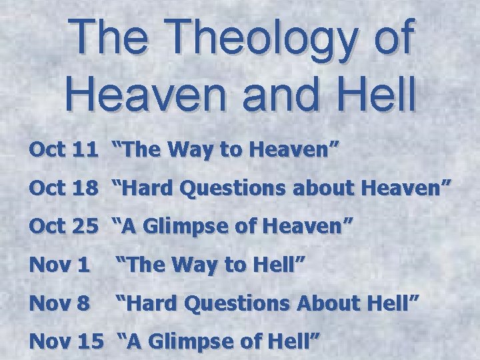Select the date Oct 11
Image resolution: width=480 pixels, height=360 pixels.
(64, 150)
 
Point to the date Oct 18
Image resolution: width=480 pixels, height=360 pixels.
(64, 188)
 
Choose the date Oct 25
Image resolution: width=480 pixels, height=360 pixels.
(64, 227)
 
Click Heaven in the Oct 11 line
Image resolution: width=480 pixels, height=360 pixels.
(297, 150)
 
